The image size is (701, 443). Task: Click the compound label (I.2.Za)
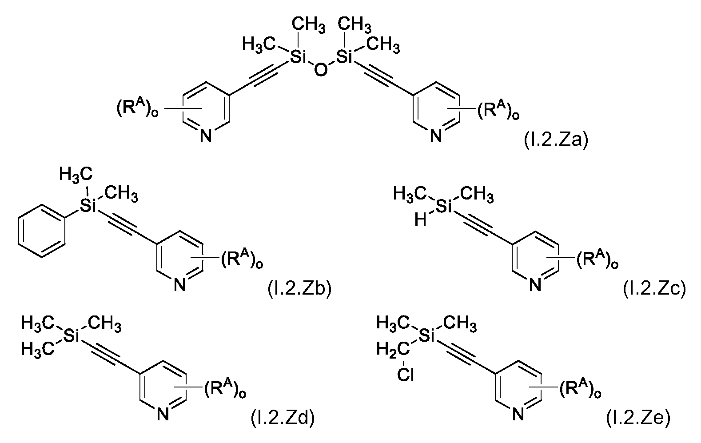point(556,140)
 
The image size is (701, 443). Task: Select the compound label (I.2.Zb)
point(299,289)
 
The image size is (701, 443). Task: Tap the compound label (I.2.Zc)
point(655,289)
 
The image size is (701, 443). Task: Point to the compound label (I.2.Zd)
point(283,418)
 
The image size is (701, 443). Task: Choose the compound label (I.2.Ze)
point(638,418)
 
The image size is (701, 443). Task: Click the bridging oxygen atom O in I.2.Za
point(320,70)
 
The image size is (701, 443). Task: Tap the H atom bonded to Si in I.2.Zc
point(420,220)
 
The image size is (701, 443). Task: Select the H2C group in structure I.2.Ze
point(393,349)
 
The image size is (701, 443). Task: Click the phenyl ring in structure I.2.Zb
point(42,231)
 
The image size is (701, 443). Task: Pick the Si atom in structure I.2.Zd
point(71,335)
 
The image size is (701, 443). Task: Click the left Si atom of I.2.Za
point(298,57)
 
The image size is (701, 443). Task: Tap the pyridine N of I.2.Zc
point(535,285)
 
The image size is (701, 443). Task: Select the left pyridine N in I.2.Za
point(206,136)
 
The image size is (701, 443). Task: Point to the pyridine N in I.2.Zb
point(179,285)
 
